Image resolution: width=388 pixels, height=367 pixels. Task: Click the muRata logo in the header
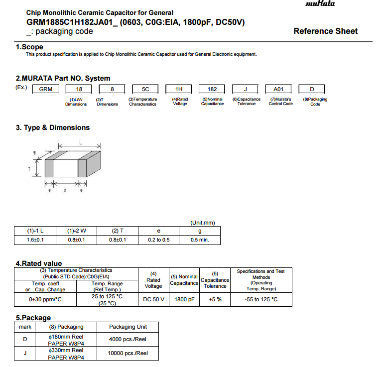320,4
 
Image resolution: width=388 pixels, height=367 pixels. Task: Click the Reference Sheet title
325,31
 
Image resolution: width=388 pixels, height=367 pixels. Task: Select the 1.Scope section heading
29,47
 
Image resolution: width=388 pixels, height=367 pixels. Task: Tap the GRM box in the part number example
45,89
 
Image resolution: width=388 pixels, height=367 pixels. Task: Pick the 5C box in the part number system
145,89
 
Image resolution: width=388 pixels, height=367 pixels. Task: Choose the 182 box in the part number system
212,89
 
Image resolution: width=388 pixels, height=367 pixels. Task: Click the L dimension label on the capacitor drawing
81,142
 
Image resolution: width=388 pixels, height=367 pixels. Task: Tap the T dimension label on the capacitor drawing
29,169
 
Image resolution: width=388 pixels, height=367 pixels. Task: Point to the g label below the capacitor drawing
65,191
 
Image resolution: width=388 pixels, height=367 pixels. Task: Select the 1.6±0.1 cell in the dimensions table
35,240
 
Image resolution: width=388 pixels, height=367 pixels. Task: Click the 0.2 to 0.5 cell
159,240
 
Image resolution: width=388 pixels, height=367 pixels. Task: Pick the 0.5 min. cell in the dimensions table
199,240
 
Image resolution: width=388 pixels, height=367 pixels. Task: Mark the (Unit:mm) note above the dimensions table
203,223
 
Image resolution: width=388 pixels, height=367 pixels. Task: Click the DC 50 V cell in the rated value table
153,299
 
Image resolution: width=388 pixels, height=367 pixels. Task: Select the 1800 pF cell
184,299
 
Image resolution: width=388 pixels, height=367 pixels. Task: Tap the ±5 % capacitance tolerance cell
215,299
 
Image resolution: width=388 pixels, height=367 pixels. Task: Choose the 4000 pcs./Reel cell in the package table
129,340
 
